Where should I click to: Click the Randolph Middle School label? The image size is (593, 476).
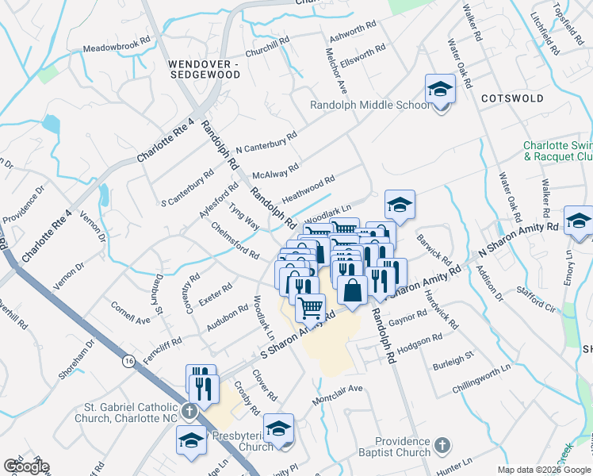click(369, 105)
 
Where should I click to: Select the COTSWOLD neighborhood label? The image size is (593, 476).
click(511, 98)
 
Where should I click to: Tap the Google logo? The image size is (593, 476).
click(25, 467)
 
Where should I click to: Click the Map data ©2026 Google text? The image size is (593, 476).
click(544, 470)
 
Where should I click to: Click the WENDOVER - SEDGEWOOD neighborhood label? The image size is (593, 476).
click(205, 68)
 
